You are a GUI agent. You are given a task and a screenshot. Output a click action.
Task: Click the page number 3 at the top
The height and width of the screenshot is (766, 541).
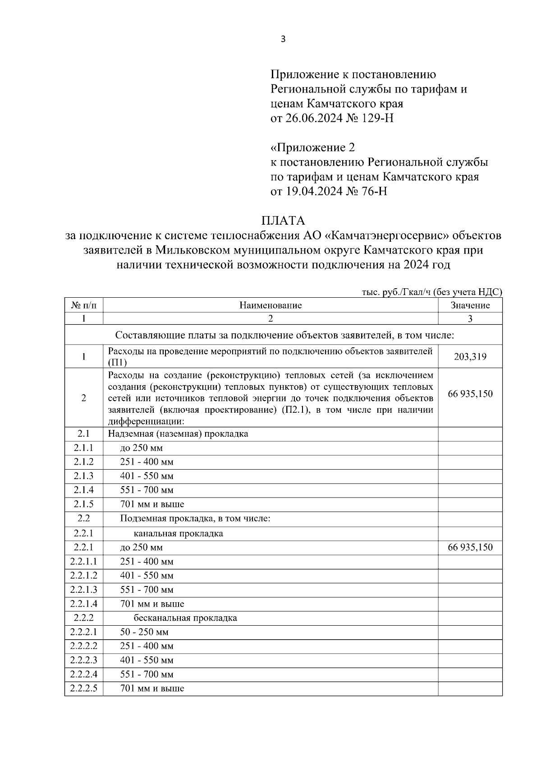tap(283, 39)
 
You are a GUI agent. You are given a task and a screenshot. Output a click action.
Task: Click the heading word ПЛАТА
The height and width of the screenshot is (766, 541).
tap(283, 221)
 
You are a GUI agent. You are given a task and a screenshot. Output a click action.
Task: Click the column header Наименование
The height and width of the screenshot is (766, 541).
tap(270, 305)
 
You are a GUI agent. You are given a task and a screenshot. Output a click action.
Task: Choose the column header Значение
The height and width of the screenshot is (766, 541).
tap(470, 305)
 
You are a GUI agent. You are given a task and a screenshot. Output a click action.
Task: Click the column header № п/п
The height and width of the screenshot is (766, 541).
tap(84, 305)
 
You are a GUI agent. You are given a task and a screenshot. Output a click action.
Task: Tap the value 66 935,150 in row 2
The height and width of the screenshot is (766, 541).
tap(470, 394)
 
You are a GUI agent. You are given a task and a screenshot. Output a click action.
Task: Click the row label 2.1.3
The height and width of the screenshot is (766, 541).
tap(84, 476)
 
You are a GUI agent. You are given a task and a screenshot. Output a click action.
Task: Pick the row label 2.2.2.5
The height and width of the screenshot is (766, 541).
tap(84, 688)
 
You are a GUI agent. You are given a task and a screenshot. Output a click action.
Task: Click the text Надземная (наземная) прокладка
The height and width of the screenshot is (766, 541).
tap(178, 434)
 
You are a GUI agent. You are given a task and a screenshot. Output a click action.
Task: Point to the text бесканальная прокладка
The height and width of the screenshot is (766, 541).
tap(185, 618)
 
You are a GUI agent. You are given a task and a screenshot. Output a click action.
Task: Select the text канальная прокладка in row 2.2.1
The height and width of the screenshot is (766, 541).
tap(178, 534)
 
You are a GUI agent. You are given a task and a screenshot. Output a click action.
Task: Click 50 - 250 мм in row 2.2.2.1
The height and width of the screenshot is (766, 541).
tap(144, 632)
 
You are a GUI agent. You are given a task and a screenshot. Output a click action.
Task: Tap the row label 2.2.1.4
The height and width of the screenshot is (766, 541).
tap(84, 604)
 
